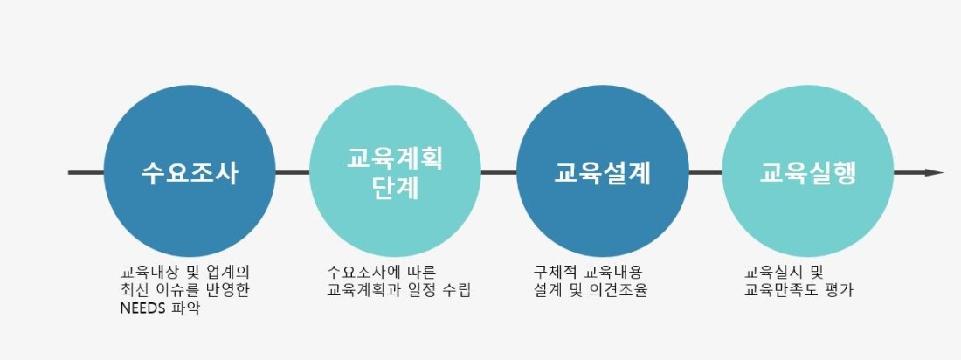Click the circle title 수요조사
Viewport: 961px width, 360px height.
(190, 173)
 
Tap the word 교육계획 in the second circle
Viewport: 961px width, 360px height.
(395, 158)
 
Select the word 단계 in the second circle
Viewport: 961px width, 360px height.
(395, 188)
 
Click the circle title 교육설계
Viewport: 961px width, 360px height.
(602, 173)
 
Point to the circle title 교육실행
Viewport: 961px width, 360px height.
(808, 173)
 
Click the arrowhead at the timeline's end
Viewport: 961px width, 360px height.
(934, 173)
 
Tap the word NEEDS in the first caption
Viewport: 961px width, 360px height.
(143, 308)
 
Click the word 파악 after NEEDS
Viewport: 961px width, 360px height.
(187, 308)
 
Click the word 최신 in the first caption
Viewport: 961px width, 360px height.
(133, 289)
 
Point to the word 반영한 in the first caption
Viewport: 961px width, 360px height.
(231, 289)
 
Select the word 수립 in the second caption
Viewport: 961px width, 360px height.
(458, 289)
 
